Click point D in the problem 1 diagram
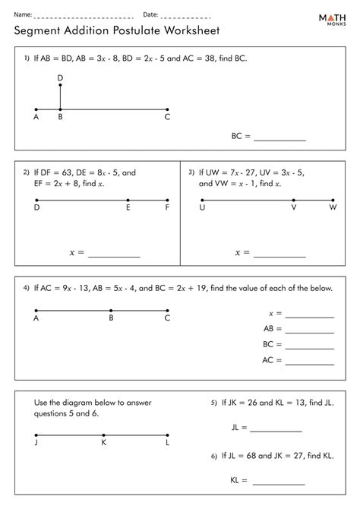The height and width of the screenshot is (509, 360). (60, 85)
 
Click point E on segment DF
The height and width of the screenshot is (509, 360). (128, 201)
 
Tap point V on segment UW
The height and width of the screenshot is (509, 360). (294, 201)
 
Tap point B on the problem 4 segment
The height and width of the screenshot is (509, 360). (111, 311)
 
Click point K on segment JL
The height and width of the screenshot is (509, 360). (103, 435)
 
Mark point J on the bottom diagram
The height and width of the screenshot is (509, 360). (36, 435)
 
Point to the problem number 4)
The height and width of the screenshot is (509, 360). (26, 289)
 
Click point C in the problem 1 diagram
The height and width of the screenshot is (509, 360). (167, 109)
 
